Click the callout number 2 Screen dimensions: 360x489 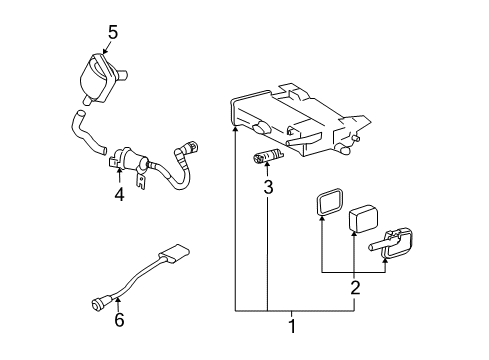(x=354, y=288)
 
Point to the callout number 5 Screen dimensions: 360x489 (x=112, y=32)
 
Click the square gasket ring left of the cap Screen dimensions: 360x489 (x=321, y=204)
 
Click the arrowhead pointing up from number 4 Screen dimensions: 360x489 (x=118, y=176)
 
